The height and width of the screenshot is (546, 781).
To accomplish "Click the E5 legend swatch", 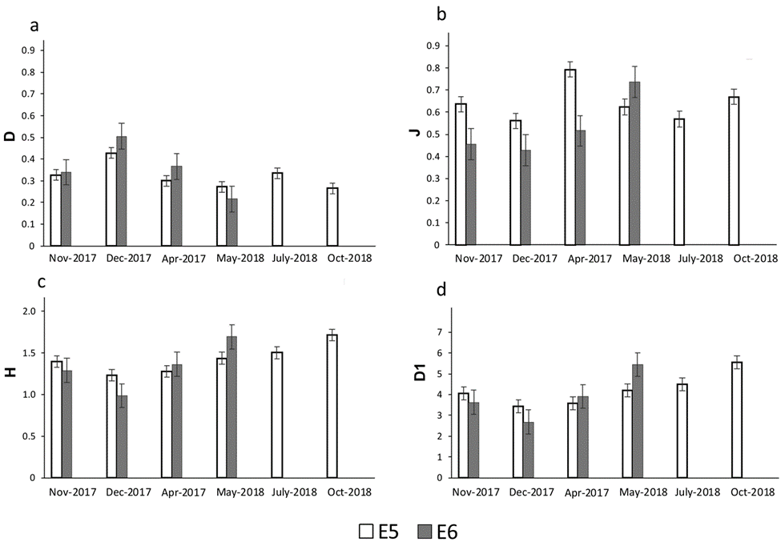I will point(368,529).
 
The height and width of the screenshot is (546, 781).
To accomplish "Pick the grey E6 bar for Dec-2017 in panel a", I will point(122,191).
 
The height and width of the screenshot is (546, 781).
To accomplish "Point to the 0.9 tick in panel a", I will point(34,50).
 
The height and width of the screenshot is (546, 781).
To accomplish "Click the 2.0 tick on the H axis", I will point(36,311).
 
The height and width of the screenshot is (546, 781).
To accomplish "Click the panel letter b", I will point(440,15).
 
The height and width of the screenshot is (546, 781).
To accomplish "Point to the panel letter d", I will point(440,289).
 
